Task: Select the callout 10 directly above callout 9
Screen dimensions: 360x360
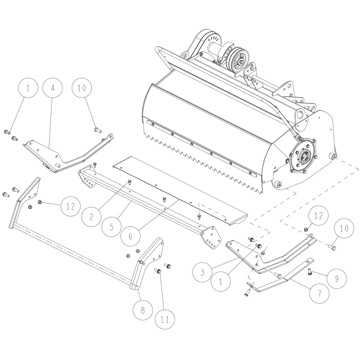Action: (x=343, y=229)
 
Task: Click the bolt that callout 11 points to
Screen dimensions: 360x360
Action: (x=158, y=271)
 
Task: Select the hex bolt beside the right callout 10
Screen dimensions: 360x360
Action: (x=333, y=246)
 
